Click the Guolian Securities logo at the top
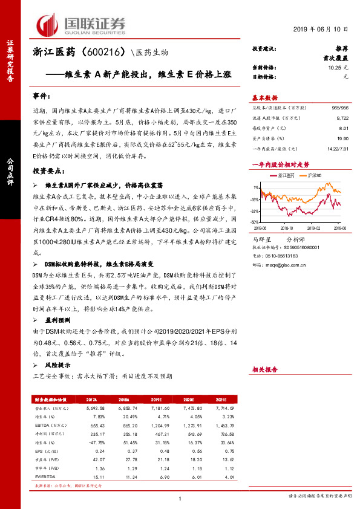pos(81,24)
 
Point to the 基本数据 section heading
pos(264,98)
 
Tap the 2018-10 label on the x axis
pos(286,229)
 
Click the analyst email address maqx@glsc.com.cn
pos(287,265)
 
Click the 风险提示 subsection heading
pos(57,365)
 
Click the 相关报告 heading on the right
pos(264,369)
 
